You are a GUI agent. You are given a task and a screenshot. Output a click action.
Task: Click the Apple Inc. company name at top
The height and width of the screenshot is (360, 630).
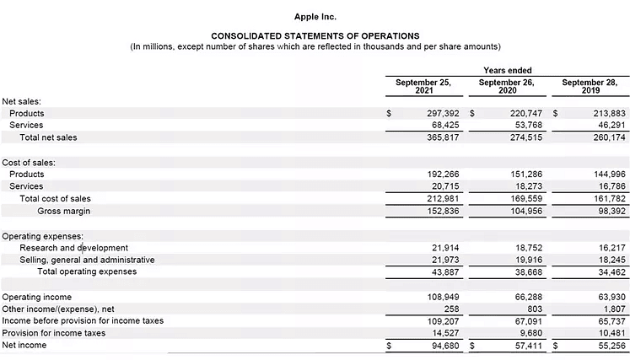315,17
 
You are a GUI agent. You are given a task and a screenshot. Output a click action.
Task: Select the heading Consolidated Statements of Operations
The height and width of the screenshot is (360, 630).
315,36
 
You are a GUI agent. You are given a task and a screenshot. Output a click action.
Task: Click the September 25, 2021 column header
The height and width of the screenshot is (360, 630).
423,86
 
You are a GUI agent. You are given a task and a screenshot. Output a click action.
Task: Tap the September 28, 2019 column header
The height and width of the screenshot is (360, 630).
590,86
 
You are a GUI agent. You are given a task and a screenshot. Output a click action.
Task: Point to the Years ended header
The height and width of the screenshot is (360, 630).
508,70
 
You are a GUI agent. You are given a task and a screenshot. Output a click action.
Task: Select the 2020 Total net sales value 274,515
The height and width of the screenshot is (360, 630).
520,137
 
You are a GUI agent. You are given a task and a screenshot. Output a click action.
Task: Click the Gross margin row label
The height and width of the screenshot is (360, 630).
63,211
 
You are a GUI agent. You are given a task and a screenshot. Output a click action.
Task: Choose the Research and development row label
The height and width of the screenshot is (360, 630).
74,248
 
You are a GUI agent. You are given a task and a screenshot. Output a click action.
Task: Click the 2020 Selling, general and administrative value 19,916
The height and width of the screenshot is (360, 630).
524,260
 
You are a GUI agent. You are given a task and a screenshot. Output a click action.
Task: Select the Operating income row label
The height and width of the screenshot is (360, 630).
37,298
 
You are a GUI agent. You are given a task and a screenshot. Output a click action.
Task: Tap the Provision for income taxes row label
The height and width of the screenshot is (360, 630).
54,333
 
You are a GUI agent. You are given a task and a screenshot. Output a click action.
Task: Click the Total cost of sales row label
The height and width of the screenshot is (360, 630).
55,199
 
